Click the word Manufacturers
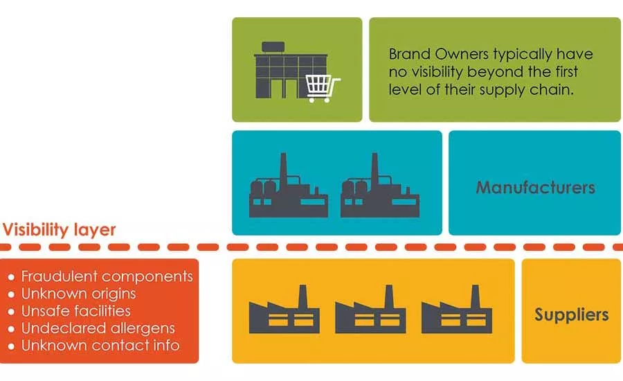tap(535, 187)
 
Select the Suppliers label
tap(571, 315)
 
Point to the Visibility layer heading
tap(60, 230)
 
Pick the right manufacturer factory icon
tap(373, 187)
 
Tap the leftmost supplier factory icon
tap(284, 312)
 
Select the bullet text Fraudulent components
tap(107, 276)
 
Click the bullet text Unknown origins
tap(78, 294)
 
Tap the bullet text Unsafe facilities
tap(75, 311)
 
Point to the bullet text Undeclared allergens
tap(98, 328)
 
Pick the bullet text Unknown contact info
tap(100, 346)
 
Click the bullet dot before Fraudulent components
tap(11, 277)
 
